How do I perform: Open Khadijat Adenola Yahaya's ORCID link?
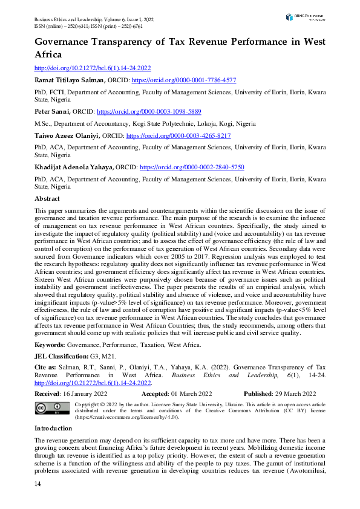click(x=192, y=167)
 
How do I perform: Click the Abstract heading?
click(x=47, y=198)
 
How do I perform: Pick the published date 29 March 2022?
click(x=296, y=394)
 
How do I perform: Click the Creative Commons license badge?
click(x=53, y=409)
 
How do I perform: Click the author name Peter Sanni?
click(x=53, y=112)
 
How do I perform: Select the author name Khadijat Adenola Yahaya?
click(x=73, y=167)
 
